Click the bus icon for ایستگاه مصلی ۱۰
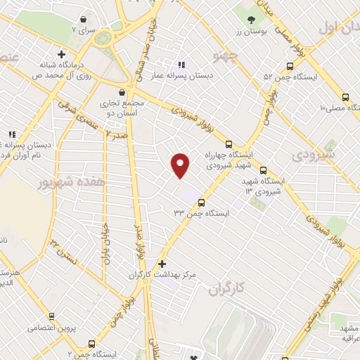(345, 97)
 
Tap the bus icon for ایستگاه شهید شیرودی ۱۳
(264, 169)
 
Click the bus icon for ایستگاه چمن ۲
(91, 344)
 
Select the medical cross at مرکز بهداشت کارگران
(162, 263)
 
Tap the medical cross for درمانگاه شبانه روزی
(62, 53)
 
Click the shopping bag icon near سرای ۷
(84, 19)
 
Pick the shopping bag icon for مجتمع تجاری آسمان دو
(123, 92)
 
